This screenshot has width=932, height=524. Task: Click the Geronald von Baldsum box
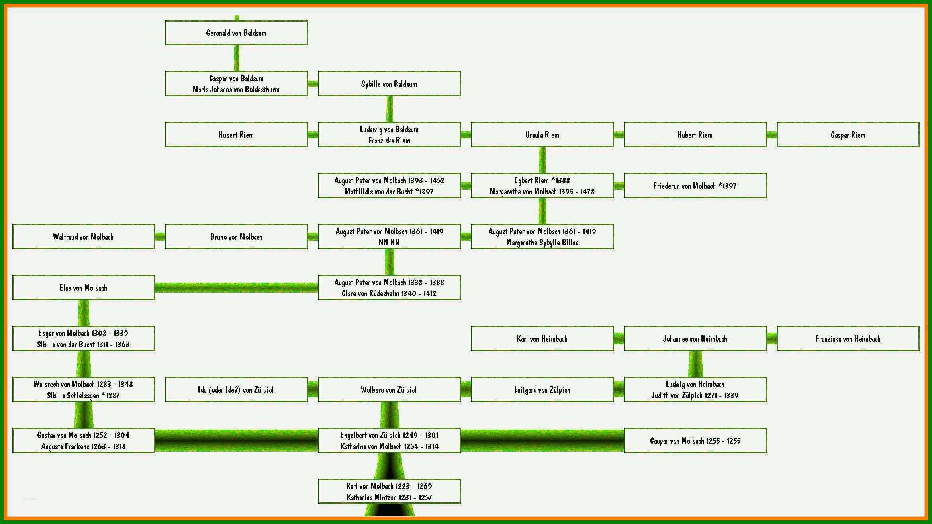[236, 33]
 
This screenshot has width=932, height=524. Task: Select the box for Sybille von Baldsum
[389, 84]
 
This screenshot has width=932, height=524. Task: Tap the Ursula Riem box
[542, 135]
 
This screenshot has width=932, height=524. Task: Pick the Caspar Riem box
[848, 135]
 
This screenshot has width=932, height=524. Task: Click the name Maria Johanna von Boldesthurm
[236, 90]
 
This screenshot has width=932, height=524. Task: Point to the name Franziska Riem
[389, 141]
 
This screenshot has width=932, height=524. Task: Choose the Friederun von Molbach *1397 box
[695, 186]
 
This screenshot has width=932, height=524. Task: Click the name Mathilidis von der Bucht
[379, 192]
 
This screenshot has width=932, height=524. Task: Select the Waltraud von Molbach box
[83, 237]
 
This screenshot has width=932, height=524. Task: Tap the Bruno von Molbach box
[236, 237]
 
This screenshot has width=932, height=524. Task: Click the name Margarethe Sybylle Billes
[542, 242]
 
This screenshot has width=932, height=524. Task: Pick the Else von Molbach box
[83, 287]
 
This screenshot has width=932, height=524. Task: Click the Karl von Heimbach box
[542, 338]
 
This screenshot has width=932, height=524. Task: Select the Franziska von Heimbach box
[848, 338]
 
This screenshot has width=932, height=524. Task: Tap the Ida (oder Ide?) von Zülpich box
[236, 389]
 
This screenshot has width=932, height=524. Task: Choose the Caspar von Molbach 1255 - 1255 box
[695, 440]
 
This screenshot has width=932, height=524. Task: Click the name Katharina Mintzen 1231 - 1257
[389, 497]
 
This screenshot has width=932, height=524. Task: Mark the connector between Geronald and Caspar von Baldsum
[237, 58]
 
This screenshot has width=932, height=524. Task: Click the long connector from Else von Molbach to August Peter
[236, 287]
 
